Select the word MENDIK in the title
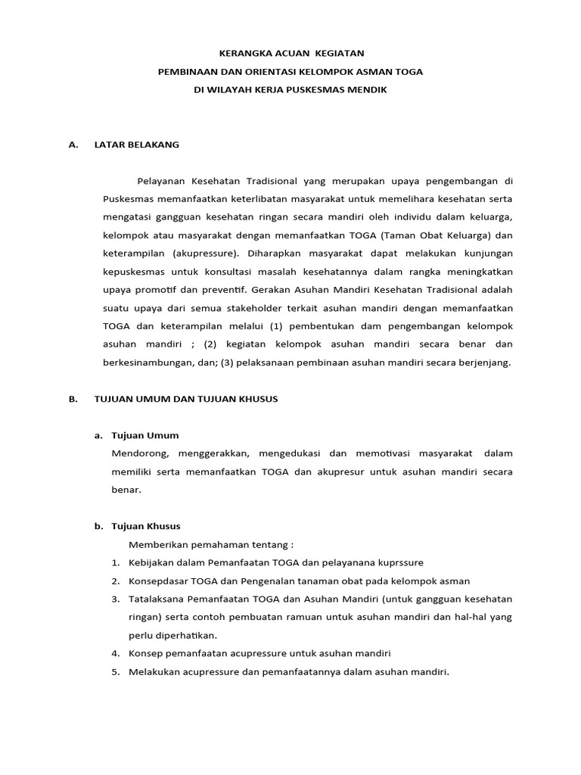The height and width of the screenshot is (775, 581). point(371,90)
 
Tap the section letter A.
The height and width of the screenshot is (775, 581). point(73,145)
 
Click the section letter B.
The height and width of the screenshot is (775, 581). point(73,399)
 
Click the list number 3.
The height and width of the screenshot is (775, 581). point(115,599)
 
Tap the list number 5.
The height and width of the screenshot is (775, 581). point(115,671)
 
